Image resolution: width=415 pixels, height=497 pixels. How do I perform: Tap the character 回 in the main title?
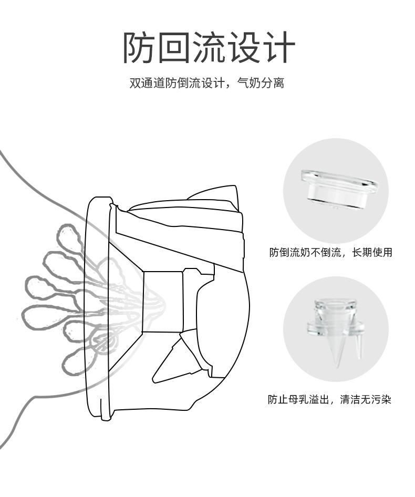pos(173,48)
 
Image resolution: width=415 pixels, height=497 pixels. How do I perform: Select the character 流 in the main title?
pos(209,48)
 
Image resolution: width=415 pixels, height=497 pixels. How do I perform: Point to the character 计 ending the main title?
pos(278,48)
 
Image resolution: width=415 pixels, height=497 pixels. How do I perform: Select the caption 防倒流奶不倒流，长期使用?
pos(330,253)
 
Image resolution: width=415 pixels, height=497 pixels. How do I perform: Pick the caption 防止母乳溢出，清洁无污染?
pos(329,400)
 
